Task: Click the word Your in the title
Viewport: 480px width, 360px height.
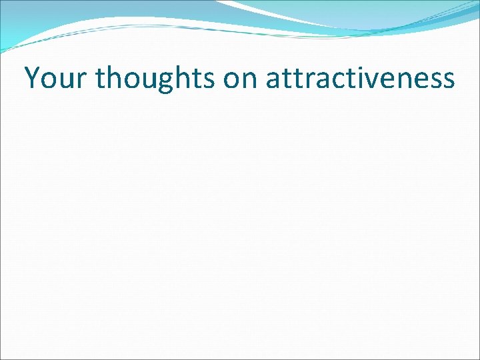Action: pos(56,78)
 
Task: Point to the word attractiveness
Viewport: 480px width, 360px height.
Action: pos(360,79)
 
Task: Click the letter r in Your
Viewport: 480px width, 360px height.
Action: pos(82,81)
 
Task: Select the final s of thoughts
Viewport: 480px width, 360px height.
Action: pos(211,81)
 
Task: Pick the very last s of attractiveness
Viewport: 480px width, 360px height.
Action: pos(448,81)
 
